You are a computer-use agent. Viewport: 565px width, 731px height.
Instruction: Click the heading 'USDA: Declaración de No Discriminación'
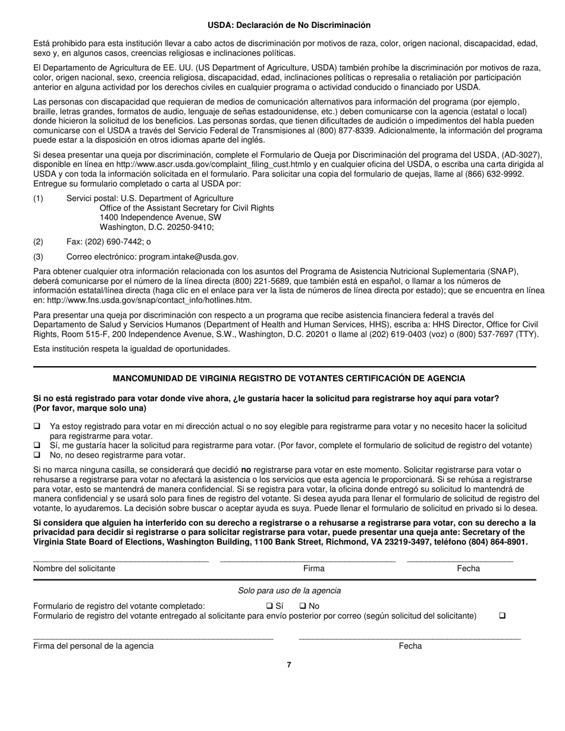click(289, 25)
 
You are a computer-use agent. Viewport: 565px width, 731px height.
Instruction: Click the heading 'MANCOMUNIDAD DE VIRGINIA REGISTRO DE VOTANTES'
click(289, 379)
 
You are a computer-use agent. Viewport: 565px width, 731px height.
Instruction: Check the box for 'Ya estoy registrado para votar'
click(37, 426)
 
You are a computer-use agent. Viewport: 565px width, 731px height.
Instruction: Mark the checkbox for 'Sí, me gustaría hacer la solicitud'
click(37, 446)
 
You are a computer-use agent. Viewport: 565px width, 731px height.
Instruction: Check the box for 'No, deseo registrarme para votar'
click(37, 455)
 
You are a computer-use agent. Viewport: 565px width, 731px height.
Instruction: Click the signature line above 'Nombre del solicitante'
click(121, 560)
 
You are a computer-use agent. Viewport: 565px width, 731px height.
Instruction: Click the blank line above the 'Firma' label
click(307, 560)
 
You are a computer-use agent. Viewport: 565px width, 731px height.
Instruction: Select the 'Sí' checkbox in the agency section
click(269, 606)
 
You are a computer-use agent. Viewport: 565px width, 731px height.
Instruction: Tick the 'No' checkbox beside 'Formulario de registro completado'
click(302, 606)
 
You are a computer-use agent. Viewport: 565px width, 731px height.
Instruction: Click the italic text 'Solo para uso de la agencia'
click(289, 590)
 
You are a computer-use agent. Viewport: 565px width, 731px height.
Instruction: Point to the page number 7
click(289, 665)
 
